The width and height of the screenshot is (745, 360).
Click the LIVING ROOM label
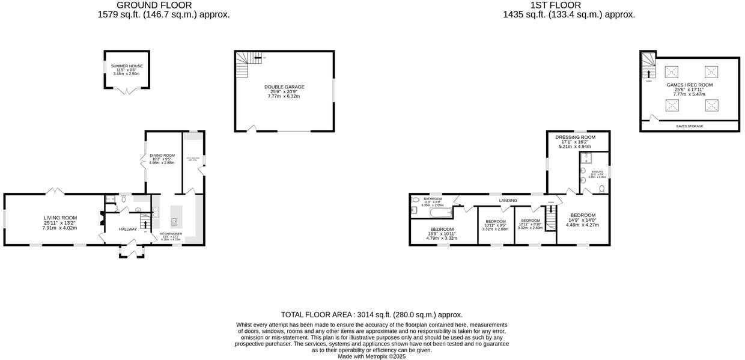click(60, 218)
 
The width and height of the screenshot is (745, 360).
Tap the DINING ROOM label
click(162, 156)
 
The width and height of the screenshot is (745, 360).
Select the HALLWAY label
click(127, 229)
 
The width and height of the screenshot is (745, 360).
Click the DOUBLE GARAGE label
click(284, 87)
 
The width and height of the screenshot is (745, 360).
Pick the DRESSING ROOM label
click(575, 137)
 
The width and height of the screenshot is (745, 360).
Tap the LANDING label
click(508, 200)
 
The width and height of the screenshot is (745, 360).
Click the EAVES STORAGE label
click(689, 126)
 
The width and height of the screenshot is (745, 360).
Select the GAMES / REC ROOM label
click(689, 85)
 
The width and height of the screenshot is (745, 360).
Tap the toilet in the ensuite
click(601, 189)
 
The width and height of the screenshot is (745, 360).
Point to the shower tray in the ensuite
click(586, 159)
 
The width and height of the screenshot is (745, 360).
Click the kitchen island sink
click(174, 221)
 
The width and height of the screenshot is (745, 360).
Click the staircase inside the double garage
click(242, 65)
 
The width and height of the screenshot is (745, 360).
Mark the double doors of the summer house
click(126, 91)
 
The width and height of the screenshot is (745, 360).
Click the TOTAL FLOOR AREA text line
click(371, 314)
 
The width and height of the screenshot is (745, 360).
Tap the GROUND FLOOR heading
click(163, 5)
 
